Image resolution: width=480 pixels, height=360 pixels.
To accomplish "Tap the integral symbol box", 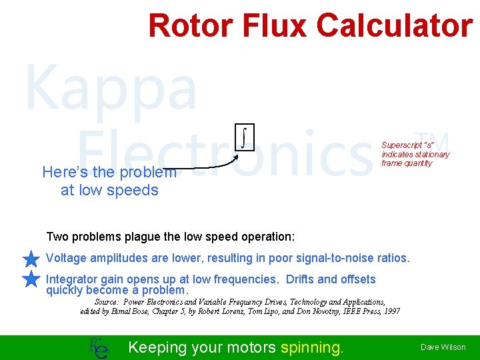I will click(245, 137).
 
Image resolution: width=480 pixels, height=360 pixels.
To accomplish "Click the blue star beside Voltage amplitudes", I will click(31, 259).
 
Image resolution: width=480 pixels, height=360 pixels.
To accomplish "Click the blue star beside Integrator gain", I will click(31, 280).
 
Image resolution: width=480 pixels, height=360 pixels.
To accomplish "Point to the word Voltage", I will click(66, 258).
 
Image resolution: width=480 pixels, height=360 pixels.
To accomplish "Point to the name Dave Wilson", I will click(443, 347).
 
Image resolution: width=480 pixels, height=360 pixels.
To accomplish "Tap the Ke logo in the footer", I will click(98, 347).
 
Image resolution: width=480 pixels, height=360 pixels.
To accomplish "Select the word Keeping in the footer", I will click(157, 347).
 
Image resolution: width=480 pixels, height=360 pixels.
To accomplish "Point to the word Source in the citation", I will click(107, 302).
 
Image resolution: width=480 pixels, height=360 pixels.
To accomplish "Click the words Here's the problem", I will click(109, 172).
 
